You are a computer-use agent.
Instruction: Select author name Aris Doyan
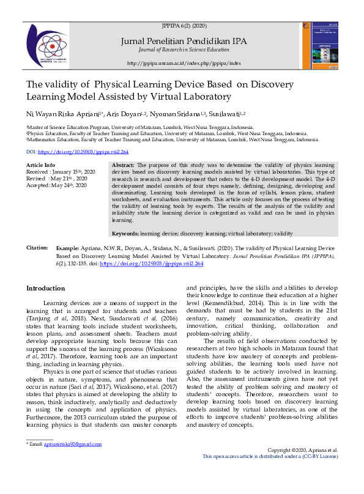pos(132,114)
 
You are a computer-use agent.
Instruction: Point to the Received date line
pos(60,172)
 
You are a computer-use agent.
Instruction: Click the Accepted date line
pos(56,185)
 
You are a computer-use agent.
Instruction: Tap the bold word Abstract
pos(124,166)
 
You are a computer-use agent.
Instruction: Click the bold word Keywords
pos(125,234)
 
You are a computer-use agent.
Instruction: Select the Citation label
pos(37,248)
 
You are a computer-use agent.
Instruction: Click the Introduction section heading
pos(45,288)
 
